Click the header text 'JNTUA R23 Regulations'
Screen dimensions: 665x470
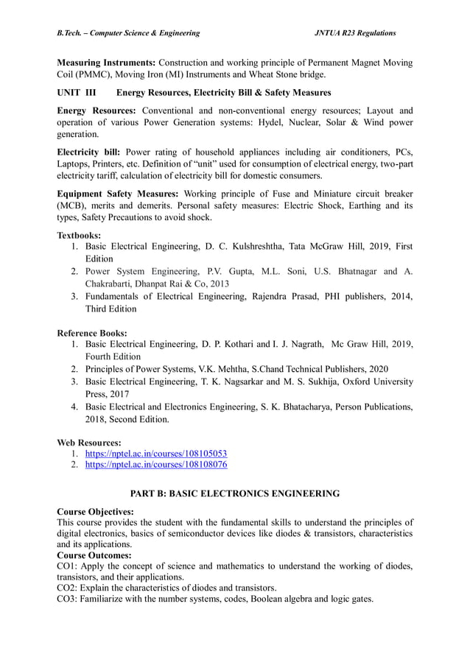(x=355, y=33)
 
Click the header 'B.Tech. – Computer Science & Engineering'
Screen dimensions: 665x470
(x=128, y=33)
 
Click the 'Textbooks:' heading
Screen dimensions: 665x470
(x=79, y=235)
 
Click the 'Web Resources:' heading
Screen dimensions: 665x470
(x=88, y=443)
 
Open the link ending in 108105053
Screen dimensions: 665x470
(x=156, y=454)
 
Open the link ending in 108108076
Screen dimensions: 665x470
(x=156, y=465)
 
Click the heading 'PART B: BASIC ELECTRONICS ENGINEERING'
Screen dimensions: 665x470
(x=235, y=493)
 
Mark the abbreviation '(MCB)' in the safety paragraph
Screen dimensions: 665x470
(x=74, y=205)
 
